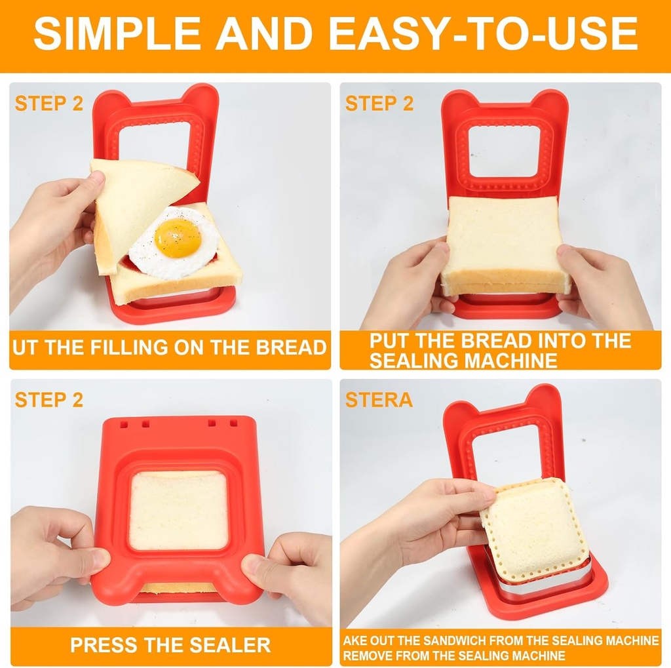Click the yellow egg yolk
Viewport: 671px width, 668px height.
(x=178, y=237)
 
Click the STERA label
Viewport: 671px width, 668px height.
(x=379, y=400)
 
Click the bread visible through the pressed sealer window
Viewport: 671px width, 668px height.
(x=178, y=509)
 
